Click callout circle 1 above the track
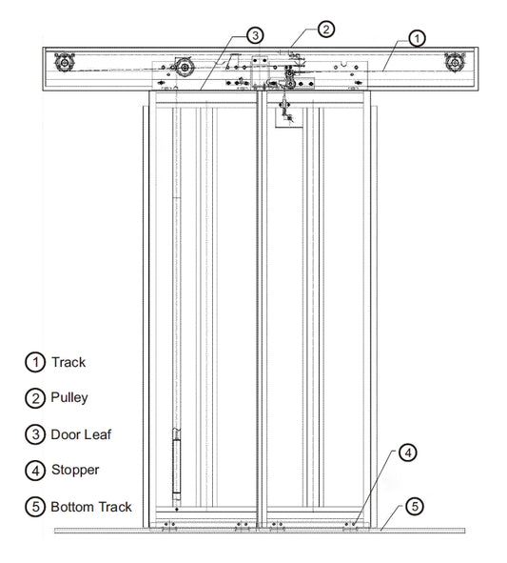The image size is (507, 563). tap(416, 38)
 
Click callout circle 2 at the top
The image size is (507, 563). tap(325, 29)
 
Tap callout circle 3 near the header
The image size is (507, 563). tap(254, 35)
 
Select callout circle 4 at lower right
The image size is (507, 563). tap(406, 452)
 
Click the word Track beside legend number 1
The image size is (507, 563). tap(68, 362)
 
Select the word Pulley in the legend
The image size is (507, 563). tap(70, 397)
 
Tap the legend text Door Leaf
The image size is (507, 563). tap(81, 433)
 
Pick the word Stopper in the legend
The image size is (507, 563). tap(75, 470)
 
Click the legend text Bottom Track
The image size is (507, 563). tap(91, 506)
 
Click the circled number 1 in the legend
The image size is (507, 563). tap(34, 362)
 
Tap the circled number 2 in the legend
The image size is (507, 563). tap(34, 397)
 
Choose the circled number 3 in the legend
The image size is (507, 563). tap(34, 433)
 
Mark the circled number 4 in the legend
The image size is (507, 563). tap(34, 470)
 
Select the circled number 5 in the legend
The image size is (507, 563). tap(34, 506)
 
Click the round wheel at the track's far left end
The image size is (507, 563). tap(65, 65)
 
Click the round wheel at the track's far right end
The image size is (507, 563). tap(455, 65)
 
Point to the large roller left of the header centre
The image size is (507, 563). tap(183, 70)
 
